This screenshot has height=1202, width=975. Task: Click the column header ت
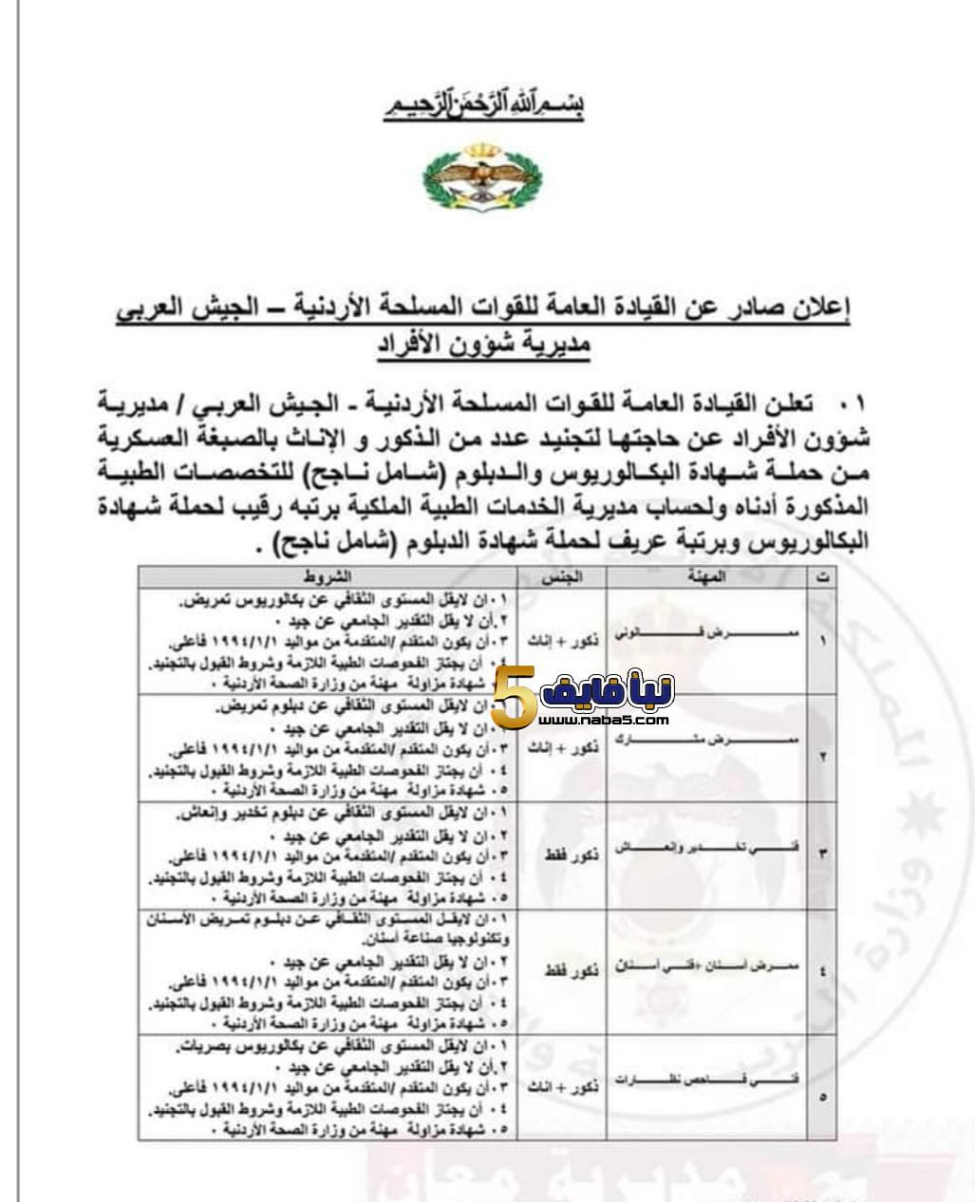coord(823,577)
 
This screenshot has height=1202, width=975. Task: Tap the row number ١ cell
coord(823,640)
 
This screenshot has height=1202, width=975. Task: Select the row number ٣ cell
coord(823,852)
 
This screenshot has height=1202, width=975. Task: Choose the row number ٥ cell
coord(823,1096)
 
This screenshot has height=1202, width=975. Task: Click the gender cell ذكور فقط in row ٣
coord(562,855)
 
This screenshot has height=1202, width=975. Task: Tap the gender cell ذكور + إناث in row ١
coord(562,642)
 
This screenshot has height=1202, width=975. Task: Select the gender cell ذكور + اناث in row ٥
coord(562,1088)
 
